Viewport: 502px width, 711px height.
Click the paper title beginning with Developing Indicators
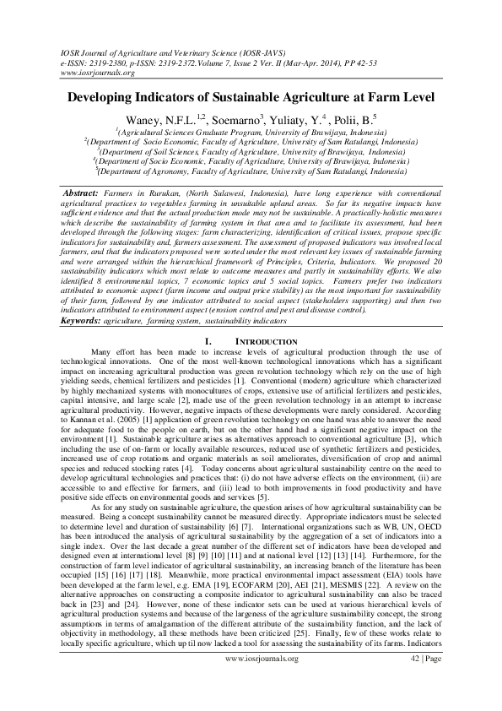(251, 98)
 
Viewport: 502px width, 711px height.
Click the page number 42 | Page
(427, 681)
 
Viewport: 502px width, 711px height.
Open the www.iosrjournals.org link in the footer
(251, 681)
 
